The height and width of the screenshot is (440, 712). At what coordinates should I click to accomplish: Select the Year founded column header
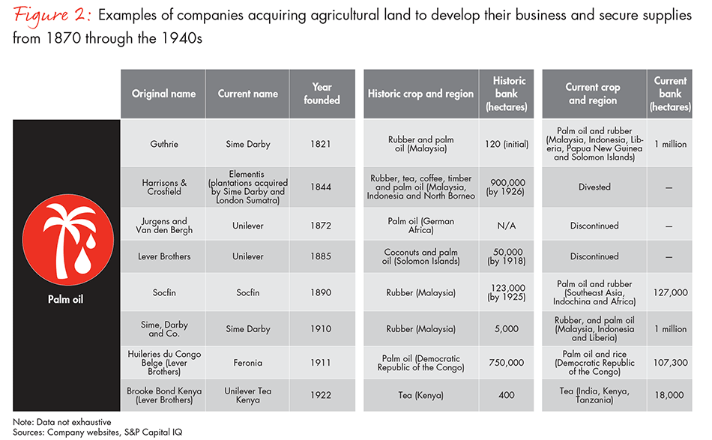click(x=322, y=94)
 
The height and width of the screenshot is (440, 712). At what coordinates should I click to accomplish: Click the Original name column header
click(x=163, y=94)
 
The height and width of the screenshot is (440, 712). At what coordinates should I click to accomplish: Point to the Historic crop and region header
click(x=420, y=94)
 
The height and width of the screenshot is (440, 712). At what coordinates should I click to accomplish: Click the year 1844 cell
click(x=322, y=187)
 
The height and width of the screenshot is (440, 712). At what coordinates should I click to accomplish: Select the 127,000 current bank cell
click(x=670, y=292)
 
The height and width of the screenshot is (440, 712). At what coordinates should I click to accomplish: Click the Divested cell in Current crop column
click(x=594, y=187)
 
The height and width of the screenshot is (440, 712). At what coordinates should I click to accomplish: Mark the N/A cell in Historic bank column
click(x=509, y=226)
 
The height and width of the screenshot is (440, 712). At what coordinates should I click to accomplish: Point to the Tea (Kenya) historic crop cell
click(x=420, y=395)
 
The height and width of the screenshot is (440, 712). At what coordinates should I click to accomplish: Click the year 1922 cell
click(x=322, y=395)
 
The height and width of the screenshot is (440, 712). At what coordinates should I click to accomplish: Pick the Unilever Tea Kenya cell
click(x=247, y=395)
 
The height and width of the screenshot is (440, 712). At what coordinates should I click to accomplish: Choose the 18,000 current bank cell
click(x=670, y=395)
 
